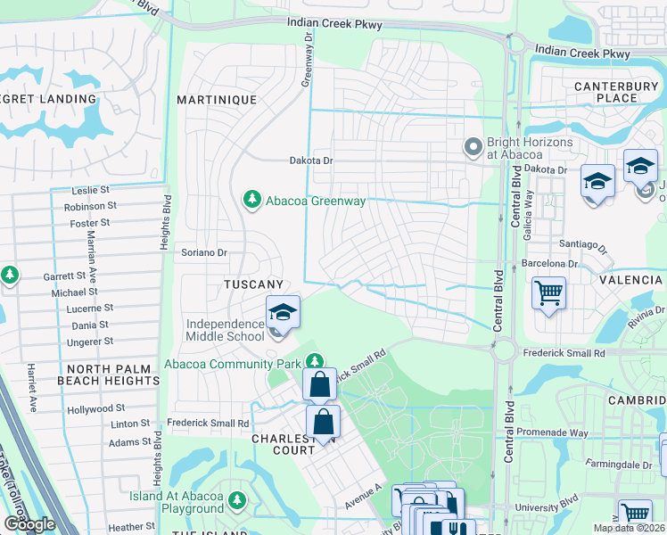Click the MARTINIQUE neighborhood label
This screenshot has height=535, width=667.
click(x=217, y=100)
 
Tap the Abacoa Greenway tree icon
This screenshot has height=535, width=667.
click(x=252, y=201)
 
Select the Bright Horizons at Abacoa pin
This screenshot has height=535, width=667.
click(x=473, y=146)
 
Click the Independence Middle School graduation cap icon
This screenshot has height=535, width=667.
click(x=283, y=312)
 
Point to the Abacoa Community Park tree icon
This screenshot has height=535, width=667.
click(x=314, y=362)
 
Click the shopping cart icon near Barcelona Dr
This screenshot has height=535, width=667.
click(x=549, y=292)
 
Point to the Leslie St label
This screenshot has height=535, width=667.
click(x=90, y=190)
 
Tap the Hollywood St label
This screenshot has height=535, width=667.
click(x=95, y=410)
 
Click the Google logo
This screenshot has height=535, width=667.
click(x=29, y=523)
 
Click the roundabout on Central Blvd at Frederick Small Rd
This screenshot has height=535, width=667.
click(x=505, y=350)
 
